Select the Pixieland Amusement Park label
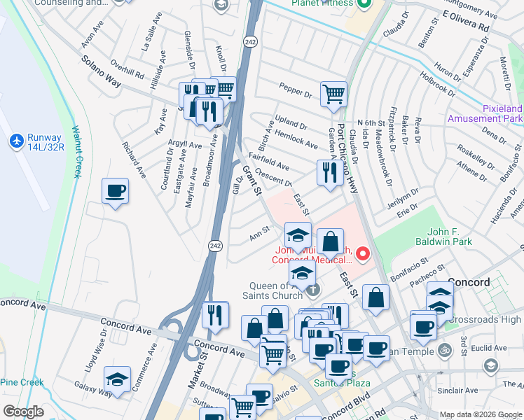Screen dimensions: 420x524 pos(503,115)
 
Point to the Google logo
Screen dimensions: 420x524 pos(23,412)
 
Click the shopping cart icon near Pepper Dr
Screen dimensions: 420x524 pos(333,93)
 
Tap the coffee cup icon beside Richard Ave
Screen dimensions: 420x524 pos(115,190)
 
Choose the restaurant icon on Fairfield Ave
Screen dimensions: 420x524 pos(329,171)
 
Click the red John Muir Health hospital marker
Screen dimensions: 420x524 pos(362,254)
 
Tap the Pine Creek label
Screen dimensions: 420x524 pos(21,382)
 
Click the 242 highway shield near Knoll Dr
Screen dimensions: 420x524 pos(249,43)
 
